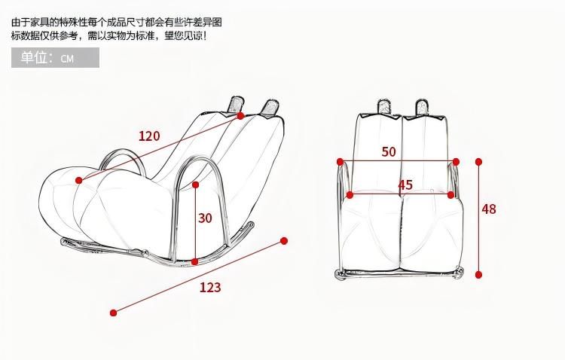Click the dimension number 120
(x=149, y=136)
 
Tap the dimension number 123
(x=210, y=287)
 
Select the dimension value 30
(x=205, y=218)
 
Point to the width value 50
(x=389, y=151)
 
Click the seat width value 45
(x=405, y=185)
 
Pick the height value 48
(x=489, y=209)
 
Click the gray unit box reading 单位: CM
(x=55, y=58)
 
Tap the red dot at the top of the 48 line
(x=478, y=162)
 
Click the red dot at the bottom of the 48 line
(x=478, y=275)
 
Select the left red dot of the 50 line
(x=340, y=162)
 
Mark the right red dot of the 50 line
(x=456, y=162)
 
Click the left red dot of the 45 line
(x=350, y=195)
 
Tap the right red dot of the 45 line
(x=450, y=195)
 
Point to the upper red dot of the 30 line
(x=196, y=185)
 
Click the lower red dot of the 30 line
(x=195, y=262)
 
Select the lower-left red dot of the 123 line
(x=114, y=313)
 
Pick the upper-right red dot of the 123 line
(x=284, y=241)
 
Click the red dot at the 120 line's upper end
(x=240, y=116)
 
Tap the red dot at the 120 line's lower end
(x=79, y=180)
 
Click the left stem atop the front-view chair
(x=383, y=107)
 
